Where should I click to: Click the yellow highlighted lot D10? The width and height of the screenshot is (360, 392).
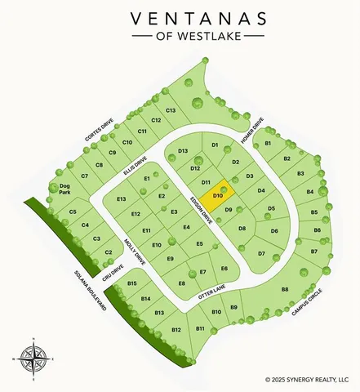(218, 196)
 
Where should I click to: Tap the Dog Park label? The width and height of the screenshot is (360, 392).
(65, 189)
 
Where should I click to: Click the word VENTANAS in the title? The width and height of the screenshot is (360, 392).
(180, 18)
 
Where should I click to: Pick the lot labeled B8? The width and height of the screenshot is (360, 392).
(285, 290)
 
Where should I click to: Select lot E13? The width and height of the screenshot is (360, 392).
(122, 199)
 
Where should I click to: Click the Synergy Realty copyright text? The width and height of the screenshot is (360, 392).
(312, 379)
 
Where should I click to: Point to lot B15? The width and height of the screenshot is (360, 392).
(132, 283)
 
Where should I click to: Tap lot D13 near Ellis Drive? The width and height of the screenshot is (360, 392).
(183, 152)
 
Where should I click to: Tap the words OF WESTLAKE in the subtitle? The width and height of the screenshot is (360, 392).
(180, 38)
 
